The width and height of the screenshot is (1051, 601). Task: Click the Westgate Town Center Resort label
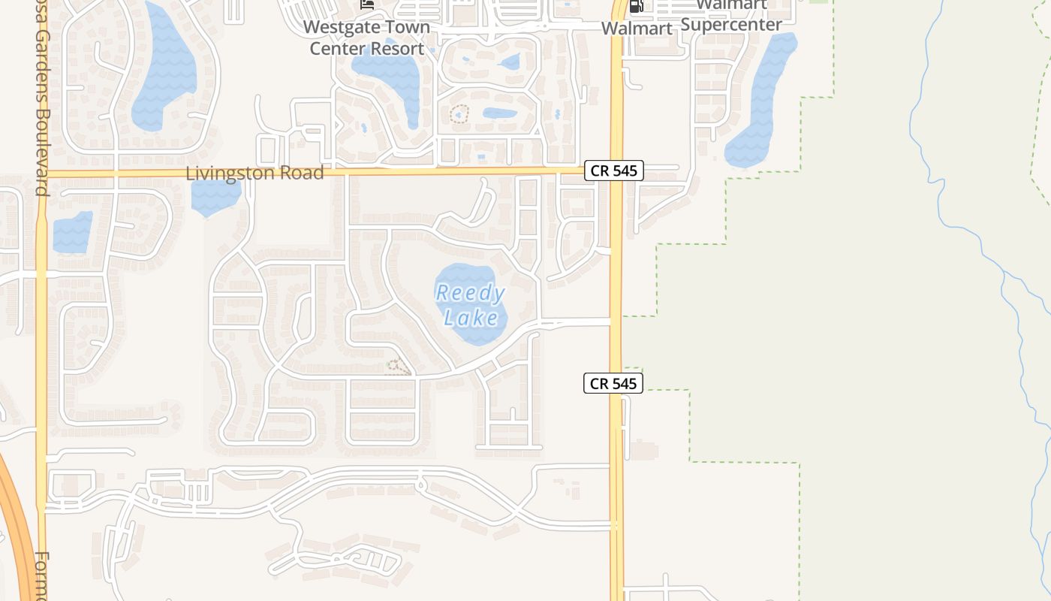[367, 38]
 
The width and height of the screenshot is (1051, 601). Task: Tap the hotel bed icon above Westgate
[367, 5]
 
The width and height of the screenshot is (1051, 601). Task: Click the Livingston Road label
[254, 173]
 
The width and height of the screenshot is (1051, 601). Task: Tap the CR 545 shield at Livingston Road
[613, 171]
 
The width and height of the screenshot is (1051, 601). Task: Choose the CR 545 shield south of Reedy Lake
[613, 383]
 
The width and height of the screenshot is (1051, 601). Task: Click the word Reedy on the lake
[471, 293]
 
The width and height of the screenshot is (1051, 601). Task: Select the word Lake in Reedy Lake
[471, 318]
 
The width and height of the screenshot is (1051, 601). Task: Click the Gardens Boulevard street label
[41, 113]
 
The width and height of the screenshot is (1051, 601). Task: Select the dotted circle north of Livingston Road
[459, 113]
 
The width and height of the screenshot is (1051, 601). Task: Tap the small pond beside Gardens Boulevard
[72, 231]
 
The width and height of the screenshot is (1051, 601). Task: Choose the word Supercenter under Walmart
[731, 24]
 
